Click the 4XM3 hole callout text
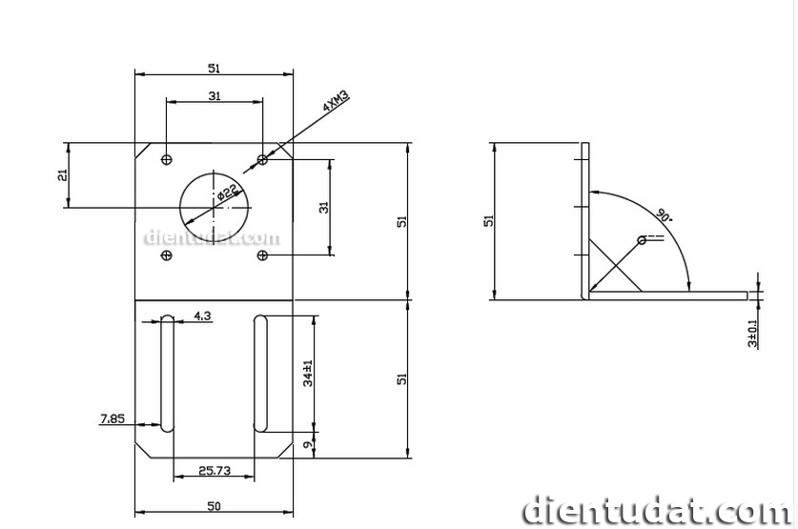tap(337, 102)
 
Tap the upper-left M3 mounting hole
tap(168, 158)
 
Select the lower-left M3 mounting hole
tap(168, 255)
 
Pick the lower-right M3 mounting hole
tap(264, 255)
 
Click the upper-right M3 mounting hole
tap(264, 158)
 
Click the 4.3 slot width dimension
tap(202, 314)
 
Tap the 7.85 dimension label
tap(113, 417)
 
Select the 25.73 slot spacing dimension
tap(214, 470)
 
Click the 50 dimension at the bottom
tap(214, 505)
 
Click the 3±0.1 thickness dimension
tap(753, 331)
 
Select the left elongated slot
tap(168, 373)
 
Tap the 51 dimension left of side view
tap(489, 220)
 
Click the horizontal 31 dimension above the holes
tap(215, 95)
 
